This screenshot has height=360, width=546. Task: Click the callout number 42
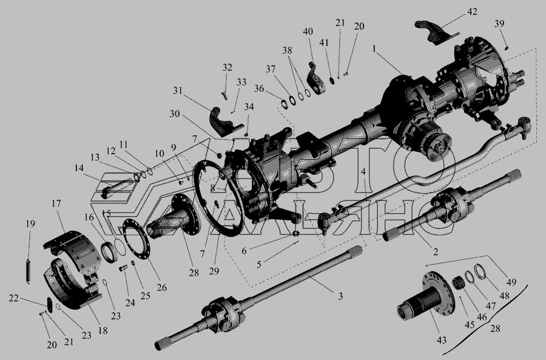(x=472, y=12)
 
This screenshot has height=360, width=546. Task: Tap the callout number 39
(x=499, y=24)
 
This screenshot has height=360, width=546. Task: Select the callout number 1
(x=374, y=49)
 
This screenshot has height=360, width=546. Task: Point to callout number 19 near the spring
(x=31, y=223)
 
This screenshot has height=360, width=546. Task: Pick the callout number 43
(x=442, y=340)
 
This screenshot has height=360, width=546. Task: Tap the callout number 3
(x=340, y=296)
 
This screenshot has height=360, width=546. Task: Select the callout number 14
(x=79, y=168)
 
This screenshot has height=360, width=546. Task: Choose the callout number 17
(x=56, y=203)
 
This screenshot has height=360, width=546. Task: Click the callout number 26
(x=162, y=288)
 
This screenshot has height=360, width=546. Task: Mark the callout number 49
(x=511, y=282)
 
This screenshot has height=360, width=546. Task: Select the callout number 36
(x=258, y=89)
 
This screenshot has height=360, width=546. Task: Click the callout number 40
(x=308, y=32)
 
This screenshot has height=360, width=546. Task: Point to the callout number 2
(x=435, y=251)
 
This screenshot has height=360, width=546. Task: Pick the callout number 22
(x=13, y=298)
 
